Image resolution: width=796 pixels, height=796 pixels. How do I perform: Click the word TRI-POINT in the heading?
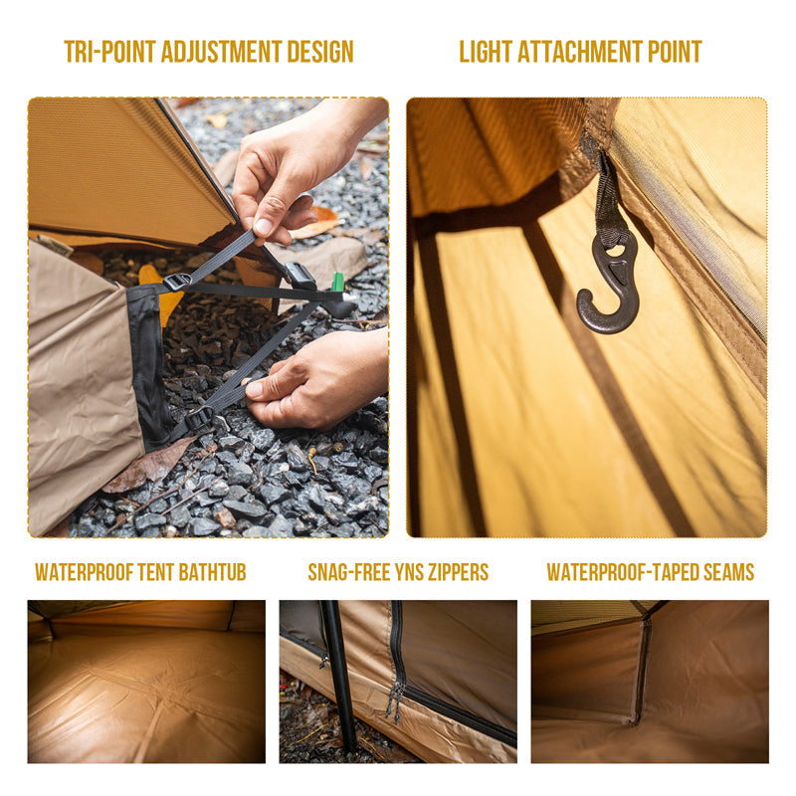pos(106,52)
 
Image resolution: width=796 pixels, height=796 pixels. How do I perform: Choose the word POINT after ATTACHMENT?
pos(676,52)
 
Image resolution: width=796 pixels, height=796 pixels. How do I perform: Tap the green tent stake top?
pos(337,283)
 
